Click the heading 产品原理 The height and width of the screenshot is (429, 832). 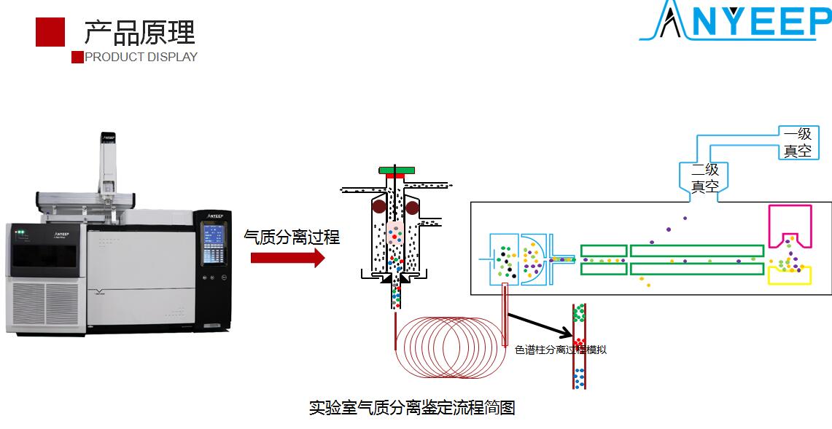pos(139,33)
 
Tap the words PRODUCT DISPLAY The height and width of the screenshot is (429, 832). pos(141,57)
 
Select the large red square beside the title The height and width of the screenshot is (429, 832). pos(50,32)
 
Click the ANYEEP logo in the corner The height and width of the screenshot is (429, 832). pos(735,21)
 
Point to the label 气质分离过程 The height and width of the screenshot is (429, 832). pos(292,236)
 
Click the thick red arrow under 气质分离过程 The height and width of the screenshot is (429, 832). pos(287,257)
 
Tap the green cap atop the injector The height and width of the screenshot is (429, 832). pos(397,170)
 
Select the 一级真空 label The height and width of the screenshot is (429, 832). pos(797,143)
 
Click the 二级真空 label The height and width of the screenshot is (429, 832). pos(705,178)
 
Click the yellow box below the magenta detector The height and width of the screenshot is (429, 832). pos(790,275)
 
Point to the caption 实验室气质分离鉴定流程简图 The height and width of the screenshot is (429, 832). pos(412,408)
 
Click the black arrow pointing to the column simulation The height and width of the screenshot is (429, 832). pos(539,326)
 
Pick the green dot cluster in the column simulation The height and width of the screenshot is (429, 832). pos(580,314)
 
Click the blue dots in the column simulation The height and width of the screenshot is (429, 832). pos(580,377)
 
